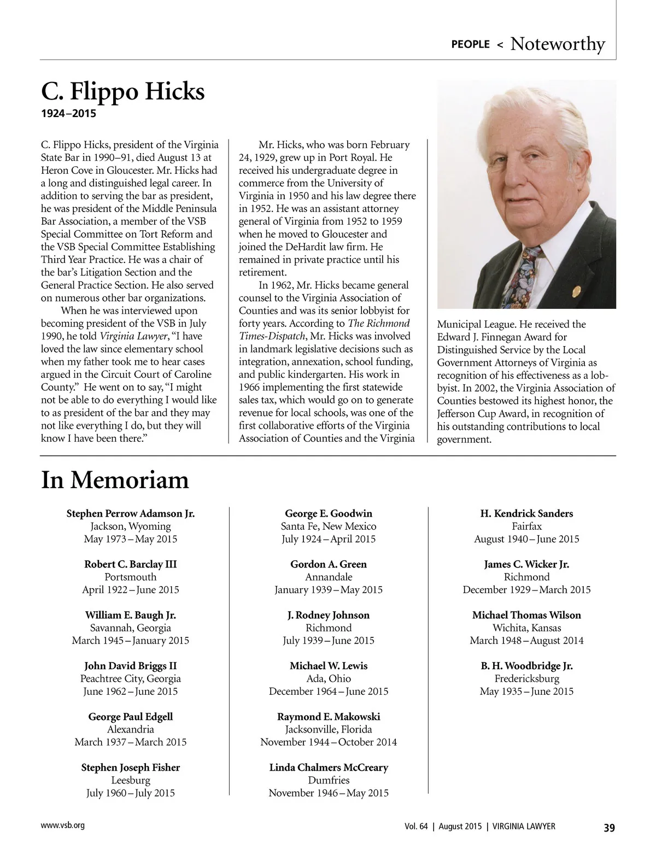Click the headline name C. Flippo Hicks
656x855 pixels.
(x=123, y=91)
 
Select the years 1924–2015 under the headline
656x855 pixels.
(x=68, y=114)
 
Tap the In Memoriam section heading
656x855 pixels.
(x=115, y=480)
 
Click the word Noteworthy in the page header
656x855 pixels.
(x=557, y=44)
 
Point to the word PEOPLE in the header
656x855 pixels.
(x=470, y=44)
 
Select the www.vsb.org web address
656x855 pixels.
(x=63, y=825)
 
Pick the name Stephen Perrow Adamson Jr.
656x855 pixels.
(x=131, y=513)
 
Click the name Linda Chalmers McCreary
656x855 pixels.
(x=329, y=768)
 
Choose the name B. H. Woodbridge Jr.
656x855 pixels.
(x=526, y=666)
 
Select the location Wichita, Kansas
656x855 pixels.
(x=526, y=628)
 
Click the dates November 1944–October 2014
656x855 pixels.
(x=329, y=742)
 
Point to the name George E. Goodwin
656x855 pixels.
(x=329, y=513)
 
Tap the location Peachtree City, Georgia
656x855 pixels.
(x=131, y=678)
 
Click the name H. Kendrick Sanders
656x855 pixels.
(x=526, y=513)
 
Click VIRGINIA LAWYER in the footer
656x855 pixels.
(x=524, y=827)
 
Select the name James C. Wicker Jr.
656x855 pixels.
(x=526, y=564)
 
